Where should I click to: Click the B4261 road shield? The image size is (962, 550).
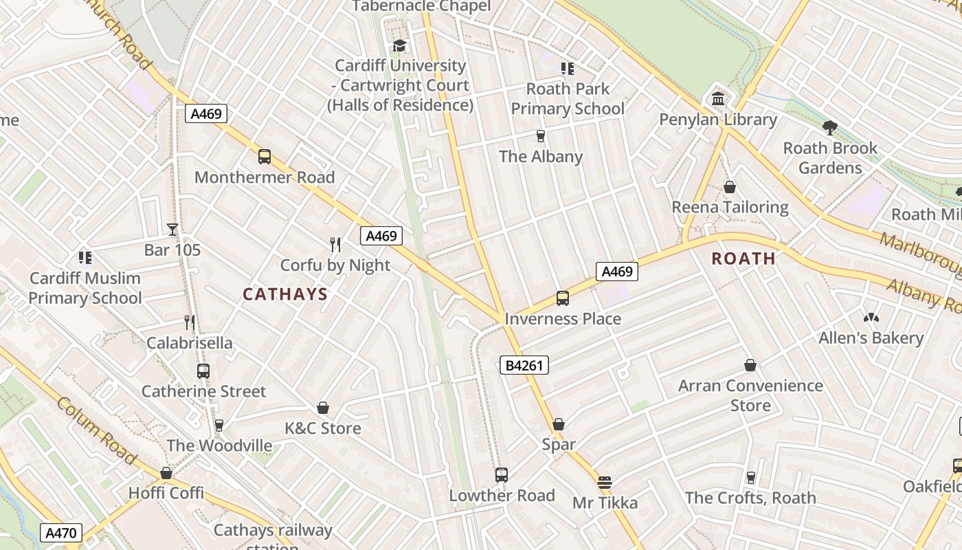click(524, 366)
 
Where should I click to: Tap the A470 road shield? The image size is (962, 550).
click(61, 532)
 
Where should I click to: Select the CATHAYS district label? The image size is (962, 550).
click(285, 294)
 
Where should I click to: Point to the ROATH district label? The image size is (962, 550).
click(743, 258)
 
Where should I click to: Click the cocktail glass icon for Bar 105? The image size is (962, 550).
click(172, 230)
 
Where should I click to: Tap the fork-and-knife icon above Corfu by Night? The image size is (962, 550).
click(335, 244)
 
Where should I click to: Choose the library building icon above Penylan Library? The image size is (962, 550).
click(718, 99)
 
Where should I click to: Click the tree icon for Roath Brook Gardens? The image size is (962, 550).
click(830, 128)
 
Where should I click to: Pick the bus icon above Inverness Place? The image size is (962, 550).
click(563, 298)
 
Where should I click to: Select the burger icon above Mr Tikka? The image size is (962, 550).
click(605, 483)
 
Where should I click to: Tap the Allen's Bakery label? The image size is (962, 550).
click(871, 338)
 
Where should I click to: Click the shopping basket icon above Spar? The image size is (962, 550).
click(559, 424)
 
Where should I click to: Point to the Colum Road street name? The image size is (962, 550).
click(96, 430)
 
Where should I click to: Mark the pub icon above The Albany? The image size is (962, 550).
click(541, 136)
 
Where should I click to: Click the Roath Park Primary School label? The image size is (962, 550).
click(568, 99)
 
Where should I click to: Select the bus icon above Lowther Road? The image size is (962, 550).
click(502, 475)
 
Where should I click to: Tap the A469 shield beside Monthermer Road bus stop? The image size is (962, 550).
click(206, 113)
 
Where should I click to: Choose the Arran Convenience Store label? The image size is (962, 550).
click(750, 395)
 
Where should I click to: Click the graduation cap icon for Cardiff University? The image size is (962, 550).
click(399, 45)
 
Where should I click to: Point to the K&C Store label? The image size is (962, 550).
click(323, 428)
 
